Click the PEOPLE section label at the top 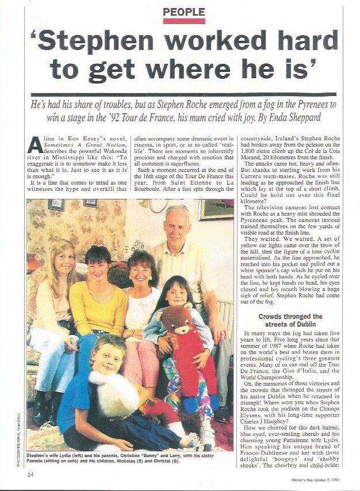[184, 11]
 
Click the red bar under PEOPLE [184, 21]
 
